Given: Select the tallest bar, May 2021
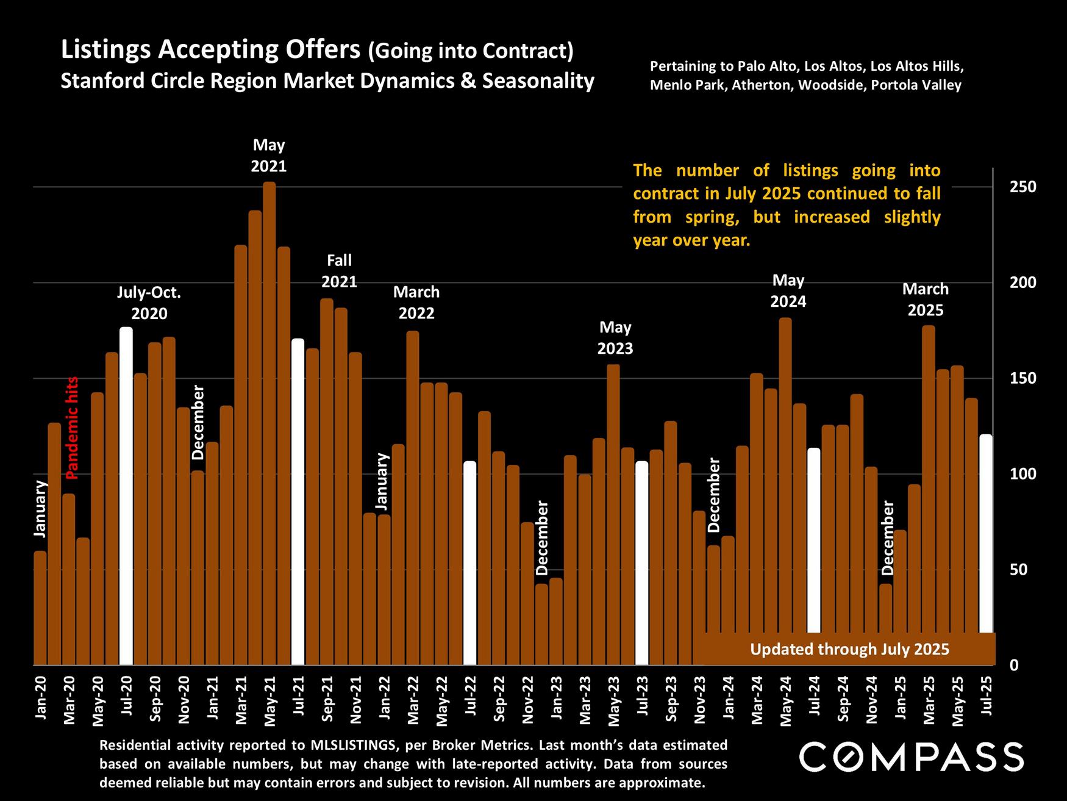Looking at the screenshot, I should tap(269, 423).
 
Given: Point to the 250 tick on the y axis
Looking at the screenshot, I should tap(1022, 187).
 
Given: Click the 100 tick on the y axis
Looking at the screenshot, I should tap(1022, 474).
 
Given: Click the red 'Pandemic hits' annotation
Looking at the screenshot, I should tap(72, 427).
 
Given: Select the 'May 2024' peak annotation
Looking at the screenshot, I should tap(788, 291).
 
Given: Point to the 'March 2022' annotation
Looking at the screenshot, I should tap(416, 303).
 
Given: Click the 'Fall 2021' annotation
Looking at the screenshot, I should tap(339, 271).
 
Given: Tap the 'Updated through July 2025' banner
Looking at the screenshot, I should tap(849, 649).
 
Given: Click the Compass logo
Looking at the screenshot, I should tap(911, 757).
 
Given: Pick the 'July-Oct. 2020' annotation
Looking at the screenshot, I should tap(149, 303).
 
